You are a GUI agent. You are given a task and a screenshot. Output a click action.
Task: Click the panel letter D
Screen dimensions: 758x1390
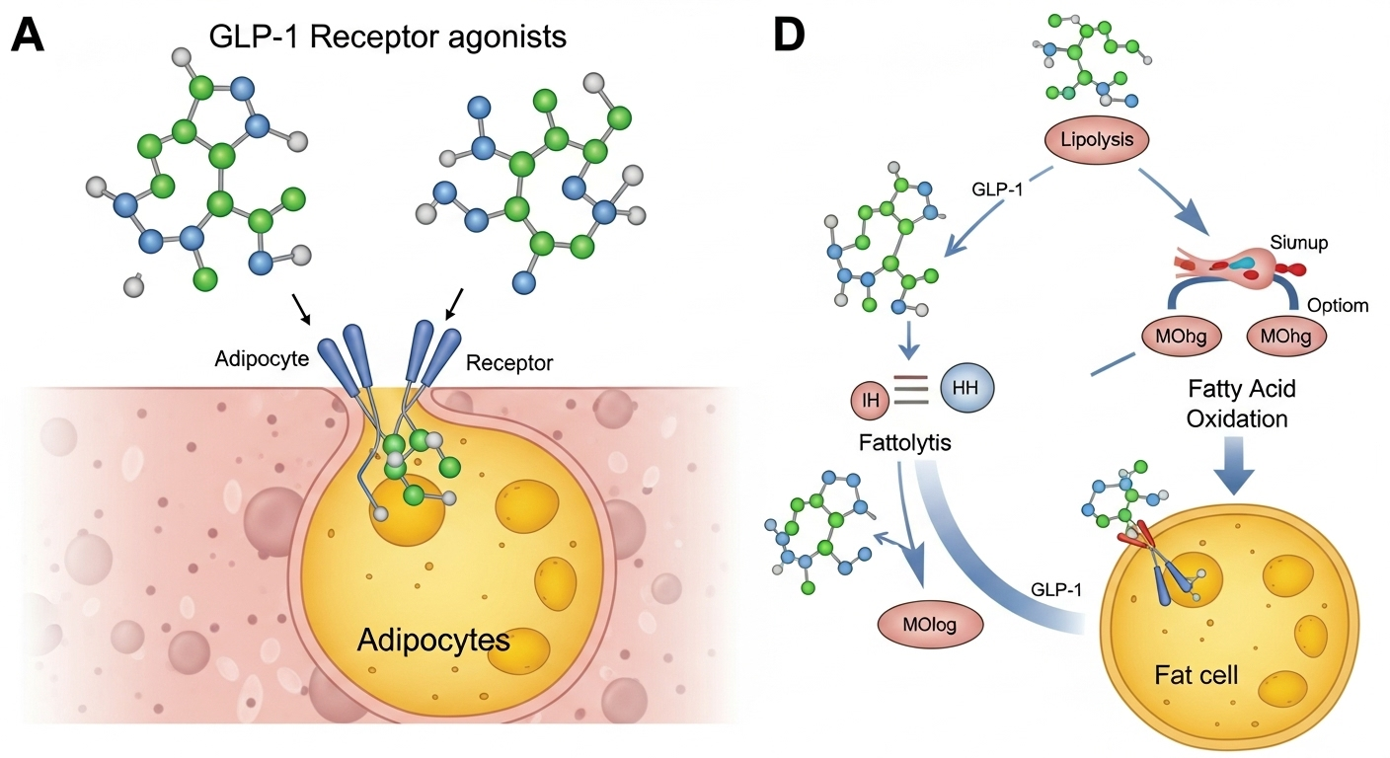point(789,37)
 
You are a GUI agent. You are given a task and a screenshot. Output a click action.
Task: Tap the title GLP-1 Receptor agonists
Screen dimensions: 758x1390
point(388,38)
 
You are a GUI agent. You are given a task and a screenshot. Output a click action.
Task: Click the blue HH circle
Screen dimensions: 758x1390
point(966,388)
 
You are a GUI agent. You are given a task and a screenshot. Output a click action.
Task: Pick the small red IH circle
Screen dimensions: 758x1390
point(870,399)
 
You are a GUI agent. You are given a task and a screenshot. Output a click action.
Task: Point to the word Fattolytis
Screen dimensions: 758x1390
point(904,442)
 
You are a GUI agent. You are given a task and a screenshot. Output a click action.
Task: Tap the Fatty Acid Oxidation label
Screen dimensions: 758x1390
point(1241,403)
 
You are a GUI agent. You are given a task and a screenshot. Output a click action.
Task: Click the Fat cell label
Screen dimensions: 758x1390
point(1196,676)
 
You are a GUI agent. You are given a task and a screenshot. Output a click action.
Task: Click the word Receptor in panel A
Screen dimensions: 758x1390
point(508,363)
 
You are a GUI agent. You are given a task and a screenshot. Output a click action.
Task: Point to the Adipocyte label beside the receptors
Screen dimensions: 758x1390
point(262,356)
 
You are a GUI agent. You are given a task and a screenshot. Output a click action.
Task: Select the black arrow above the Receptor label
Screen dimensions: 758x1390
point(456,303)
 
